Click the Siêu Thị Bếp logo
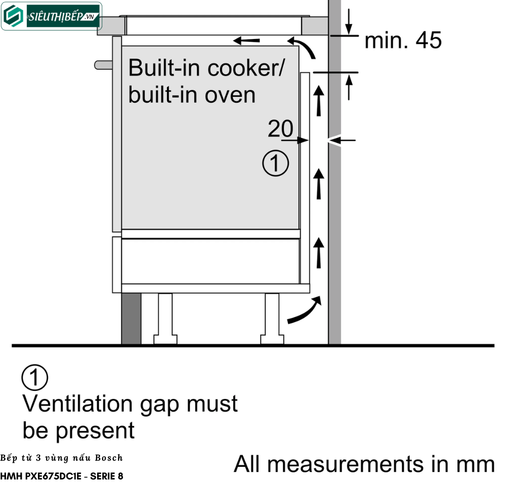(x=51, y=16)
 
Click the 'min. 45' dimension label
(x=403, y=41)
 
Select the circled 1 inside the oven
(x=276, y=164)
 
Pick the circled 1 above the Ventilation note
(x=35, y=378)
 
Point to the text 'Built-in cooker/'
(x=206, y=67)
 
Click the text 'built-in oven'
(x=192, y=95)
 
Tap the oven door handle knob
(x=103, y=65)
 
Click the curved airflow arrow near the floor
(x=305, y=310)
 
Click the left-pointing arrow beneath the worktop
(x=246, y=40)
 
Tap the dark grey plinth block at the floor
(x=131, y=319)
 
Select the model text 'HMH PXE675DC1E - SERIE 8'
(x=62, y=476)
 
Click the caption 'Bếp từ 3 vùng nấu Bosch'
(x=62, y=458)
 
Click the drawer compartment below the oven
(x=210, y=261)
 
